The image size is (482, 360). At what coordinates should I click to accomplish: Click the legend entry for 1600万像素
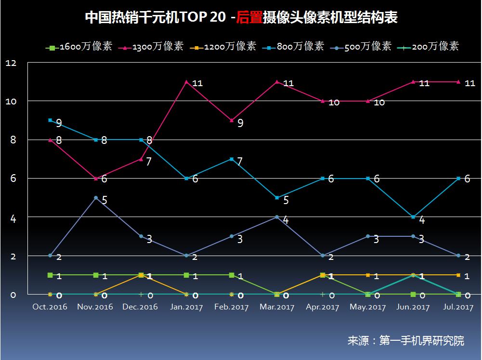[x=79, y=47]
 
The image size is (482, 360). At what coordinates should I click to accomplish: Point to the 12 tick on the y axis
[x=11, y=63]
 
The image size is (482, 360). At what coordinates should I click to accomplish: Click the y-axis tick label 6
[x=13, y=179]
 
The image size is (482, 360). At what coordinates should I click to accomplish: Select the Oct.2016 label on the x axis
[x=50, y=307]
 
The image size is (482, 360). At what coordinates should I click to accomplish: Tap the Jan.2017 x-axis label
[x=186, y=307]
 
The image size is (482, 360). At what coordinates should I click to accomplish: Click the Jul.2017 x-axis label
[x=458, y=307]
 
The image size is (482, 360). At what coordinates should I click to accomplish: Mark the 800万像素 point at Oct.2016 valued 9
[x=50, y=120]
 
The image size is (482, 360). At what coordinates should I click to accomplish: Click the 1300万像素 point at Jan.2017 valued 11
[x=186, y=82]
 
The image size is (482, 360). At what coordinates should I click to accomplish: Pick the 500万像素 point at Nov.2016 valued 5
[x=96, y=198]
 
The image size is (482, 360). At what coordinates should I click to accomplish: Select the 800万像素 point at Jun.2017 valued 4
[x=413, y=217]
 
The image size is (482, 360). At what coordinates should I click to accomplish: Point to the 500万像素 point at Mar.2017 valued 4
[x=277, y=217]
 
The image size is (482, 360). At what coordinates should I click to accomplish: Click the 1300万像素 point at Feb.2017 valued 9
[x=232, y=120]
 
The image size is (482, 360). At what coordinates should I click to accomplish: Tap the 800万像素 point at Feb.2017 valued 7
[x=232, y=159]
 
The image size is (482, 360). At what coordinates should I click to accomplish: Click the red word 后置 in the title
[x=250, y=18]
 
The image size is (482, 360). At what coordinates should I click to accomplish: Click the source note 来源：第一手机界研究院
[x=405, y=341]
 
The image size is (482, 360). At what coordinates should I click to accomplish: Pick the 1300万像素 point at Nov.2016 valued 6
[x=96, y=179]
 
